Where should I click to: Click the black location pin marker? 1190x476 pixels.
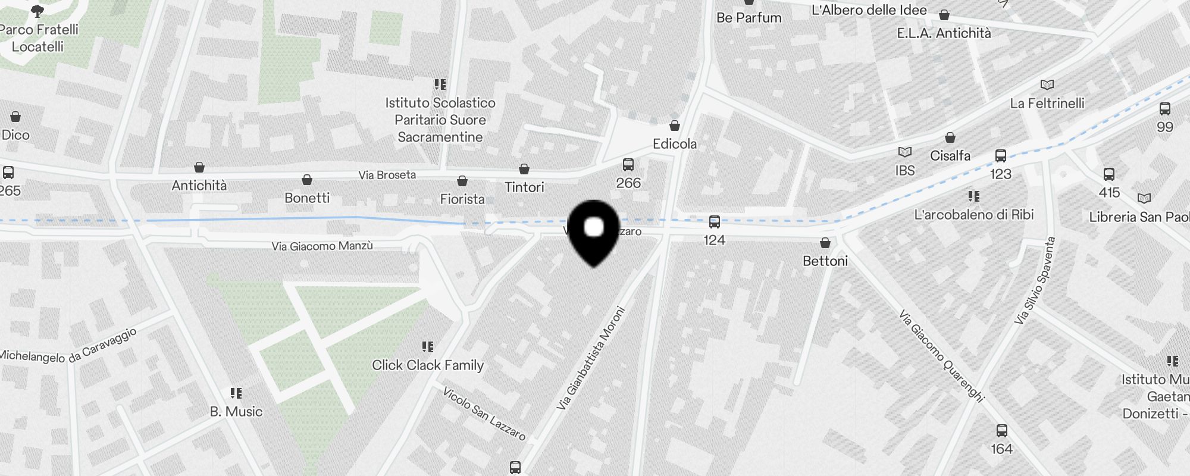594,232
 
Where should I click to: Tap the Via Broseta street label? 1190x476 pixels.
387,175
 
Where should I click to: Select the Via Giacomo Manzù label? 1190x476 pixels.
322,246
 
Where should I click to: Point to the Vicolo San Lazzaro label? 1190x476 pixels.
484,414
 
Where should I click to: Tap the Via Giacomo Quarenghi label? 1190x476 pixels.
941,355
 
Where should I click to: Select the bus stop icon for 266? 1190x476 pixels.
628,165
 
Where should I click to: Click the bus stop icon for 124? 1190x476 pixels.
714,223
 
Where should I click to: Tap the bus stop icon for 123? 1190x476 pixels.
1001,156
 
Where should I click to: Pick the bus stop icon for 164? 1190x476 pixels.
1002,431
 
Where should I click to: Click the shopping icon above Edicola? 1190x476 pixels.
675,126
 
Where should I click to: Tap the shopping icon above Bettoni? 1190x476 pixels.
825,243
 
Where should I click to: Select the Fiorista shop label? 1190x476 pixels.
462,199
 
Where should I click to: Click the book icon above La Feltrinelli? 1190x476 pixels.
1047,85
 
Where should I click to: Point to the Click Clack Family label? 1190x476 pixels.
428,365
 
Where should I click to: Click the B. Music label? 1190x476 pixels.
236,412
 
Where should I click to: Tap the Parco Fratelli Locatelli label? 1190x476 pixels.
38,38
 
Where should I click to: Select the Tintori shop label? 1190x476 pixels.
524,187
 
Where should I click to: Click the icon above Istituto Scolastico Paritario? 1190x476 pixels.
440,84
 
